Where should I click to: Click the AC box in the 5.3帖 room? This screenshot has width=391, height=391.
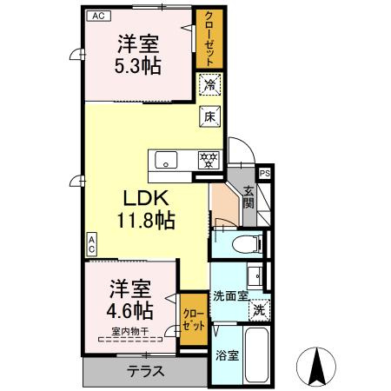[x=98, y=16]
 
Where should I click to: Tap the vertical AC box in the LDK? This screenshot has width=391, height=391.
[x=91, y=245]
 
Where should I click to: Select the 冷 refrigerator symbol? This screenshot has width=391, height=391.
[x=209, y=84]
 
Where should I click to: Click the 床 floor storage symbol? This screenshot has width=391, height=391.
[x=209, y=116]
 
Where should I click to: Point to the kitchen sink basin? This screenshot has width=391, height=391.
[x=166, y=160]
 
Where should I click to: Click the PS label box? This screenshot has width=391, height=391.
[x=265, y=174]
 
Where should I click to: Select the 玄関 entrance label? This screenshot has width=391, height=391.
[x=249, y=198]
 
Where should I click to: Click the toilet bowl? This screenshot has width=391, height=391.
[x=245, y=244]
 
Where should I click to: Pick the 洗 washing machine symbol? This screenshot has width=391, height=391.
[x=259, y=310]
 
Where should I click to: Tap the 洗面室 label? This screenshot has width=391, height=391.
[x=230, y=296]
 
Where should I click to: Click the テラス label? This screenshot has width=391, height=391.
[x=146, y=372]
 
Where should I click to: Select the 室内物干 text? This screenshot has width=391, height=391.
[x=130, y=331]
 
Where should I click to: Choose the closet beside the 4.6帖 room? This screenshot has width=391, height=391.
[x=194, y=320]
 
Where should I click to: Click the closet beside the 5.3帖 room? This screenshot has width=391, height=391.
[x=209, y=39]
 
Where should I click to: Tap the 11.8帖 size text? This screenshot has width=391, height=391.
[x=146, y=221]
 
